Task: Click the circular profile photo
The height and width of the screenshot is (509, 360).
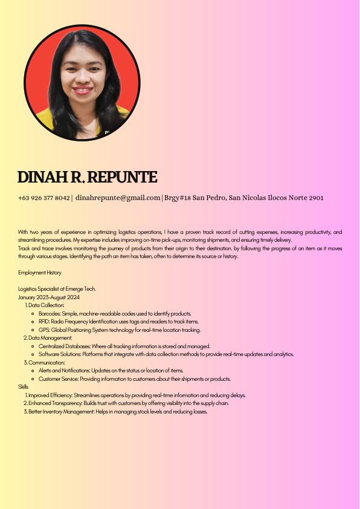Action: (81, 83)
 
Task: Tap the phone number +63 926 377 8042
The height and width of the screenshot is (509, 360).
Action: (44, 198)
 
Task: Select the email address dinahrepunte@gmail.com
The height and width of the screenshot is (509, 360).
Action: (118, 198)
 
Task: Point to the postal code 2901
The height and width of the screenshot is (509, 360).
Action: (316, 198)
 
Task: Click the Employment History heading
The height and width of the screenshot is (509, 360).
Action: (39, 273)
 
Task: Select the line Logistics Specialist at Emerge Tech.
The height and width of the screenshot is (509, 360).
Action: (57, 289)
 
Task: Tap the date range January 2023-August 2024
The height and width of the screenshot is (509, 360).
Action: (49, 297)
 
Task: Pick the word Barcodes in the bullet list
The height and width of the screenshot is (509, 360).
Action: (49, 314)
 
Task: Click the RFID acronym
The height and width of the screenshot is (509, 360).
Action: (44, 322)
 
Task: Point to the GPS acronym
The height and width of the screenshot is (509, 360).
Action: (43, 330)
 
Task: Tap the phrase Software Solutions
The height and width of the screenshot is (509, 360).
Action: (59, 354)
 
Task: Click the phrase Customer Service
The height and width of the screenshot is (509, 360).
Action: (58, 379)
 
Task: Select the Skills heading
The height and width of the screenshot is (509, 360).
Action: (24, 386)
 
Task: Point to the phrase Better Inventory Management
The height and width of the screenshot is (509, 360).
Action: (60, 412)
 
